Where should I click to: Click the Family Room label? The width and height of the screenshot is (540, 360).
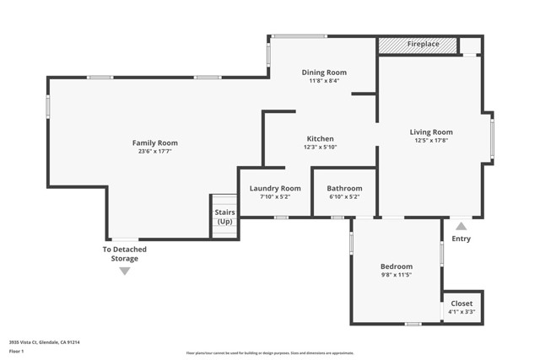[x=154, y=142]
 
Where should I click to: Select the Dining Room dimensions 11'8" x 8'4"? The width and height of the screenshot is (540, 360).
[x=324, y=82]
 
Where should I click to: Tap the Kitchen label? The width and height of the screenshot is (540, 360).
[x=320, y=138]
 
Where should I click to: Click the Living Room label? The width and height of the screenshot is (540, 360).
[x=431, y=132]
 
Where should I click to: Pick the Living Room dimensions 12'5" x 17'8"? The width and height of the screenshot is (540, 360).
[x=431, y=141]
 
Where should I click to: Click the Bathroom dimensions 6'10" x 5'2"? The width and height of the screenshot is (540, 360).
[x=344, y=197]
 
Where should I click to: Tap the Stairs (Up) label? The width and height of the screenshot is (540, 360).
[x=224, y=217]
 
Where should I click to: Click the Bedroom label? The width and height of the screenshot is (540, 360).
[x=396, y=266]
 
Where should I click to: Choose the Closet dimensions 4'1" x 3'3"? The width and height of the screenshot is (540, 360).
[x=462, y=312]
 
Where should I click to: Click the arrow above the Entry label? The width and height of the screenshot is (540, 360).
[x=461, y=226]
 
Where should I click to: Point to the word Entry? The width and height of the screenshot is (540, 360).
[x=461, y=239]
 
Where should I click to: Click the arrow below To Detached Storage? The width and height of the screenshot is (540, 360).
[x=124, y=271]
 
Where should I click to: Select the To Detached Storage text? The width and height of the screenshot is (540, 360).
[x=124, y=254]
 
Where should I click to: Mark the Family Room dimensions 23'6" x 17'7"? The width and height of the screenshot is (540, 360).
[x=154, y=152]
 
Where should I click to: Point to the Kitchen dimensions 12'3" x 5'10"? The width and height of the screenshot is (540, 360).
[x=320, y=148]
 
